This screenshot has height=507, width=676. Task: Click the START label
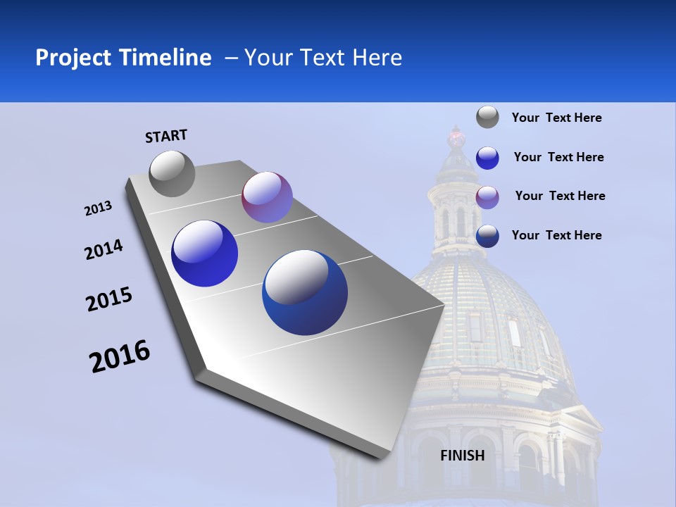[x=166, y=135]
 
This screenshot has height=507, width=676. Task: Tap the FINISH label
[x=462, y=455]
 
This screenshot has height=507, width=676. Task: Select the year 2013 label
[x=98, y=208]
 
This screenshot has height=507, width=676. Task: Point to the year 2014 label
[x=104, y=249]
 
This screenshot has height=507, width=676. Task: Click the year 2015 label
[x=109, y=299]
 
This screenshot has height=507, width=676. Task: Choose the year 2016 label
[x=120, y=356]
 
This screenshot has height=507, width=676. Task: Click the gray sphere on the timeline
[x=172, y=173]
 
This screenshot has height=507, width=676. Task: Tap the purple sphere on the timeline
[x=267, y=197]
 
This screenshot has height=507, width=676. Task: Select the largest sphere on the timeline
[x=305, y=292]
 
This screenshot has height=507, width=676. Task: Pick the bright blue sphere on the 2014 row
[x=205, y=254]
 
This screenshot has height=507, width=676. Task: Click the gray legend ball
[x=487, y=117]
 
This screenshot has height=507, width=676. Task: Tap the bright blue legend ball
[x=487, y=158]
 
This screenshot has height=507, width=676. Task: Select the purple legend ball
[x=487, y=197]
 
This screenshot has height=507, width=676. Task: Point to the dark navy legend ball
[x=487, y=237]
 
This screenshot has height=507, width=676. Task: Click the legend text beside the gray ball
[x=556, y=118]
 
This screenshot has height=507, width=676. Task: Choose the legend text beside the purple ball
[x=560, y=196]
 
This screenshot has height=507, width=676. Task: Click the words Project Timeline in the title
[x=123, y=58]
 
